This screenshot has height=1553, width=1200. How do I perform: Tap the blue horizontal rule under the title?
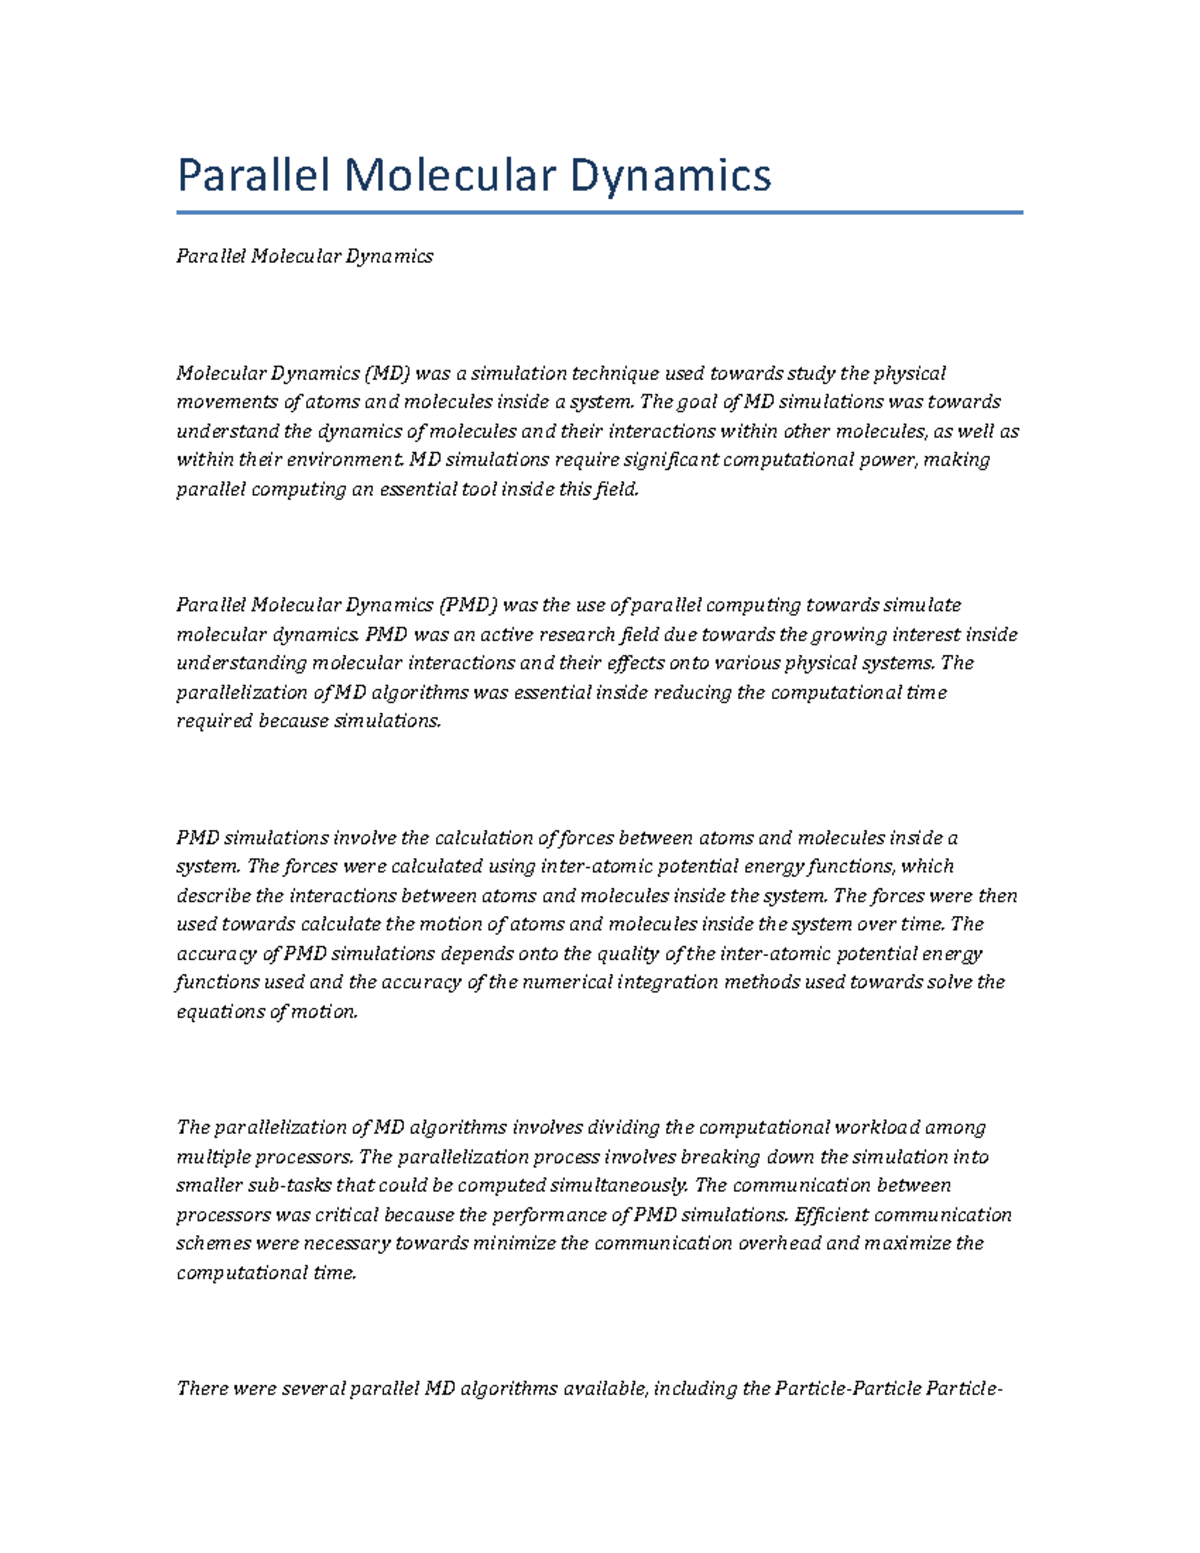599,212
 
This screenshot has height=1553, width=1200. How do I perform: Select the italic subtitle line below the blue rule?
304,256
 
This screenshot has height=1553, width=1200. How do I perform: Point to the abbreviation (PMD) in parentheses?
466,605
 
